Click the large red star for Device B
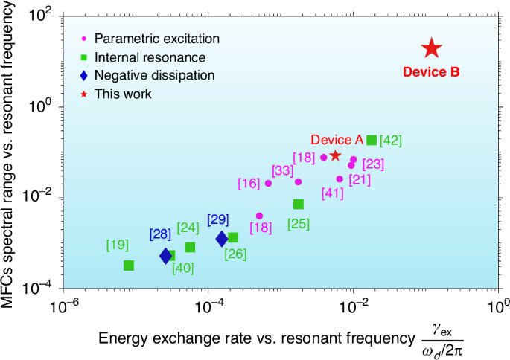pos(432,49)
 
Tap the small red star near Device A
pos(336,155)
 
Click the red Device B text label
pos(431,72)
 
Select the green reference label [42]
pos(391,140)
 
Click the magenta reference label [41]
pos(333,193)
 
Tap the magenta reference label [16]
pos(249,183)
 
